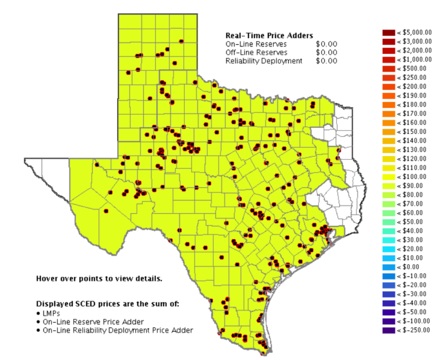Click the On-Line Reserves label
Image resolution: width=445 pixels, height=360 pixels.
pyautogui.click(x=256, y=44)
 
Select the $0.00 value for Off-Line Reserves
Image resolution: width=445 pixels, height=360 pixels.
pyautogui.click(x=327, y=53)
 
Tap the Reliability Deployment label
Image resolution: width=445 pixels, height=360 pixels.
pyautogui.click(x=264, y=61)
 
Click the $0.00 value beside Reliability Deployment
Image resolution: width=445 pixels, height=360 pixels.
pyautogui.click(x=327, y=61)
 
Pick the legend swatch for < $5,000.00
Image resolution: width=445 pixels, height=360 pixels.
pyautogui.click(x=389, y=32)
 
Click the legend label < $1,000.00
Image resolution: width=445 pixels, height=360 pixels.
pyautogui.click(x=414, y=59)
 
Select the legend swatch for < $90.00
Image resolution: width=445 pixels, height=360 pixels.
pyautogui.click(x=389, y=186)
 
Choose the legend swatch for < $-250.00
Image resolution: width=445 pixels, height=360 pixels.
pyautogui.click(x=389, y=330)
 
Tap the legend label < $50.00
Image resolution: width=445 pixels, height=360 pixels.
pyautogui.click(x=411, y=222)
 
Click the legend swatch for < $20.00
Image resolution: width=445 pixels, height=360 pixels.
pyautogui.click(x=389, y=249)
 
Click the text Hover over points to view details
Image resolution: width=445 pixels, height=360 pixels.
pyautogui.click(x=99, y=278)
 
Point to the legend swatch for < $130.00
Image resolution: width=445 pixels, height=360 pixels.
pyautogui.click(x=389, y=149)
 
